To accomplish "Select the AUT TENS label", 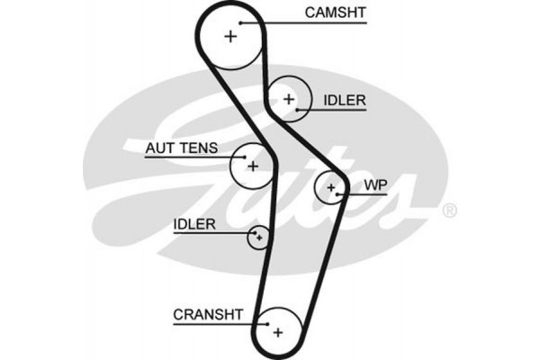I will pyautogui.click(x=181, y=147).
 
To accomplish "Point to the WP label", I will pyautogui.click(x=374, y=185).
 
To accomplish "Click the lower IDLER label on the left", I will pyautogui.click(x=194, y=224).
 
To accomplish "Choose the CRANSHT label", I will pyautogui.click(x=208, y=313).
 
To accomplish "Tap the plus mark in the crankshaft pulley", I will pyautogui.click(x=277, y=332).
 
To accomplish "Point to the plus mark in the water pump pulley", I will pyautogui.click(x=331, y=188).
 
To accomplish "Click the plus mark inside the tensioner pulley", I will pyautogui.click(x=253, y=166).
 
